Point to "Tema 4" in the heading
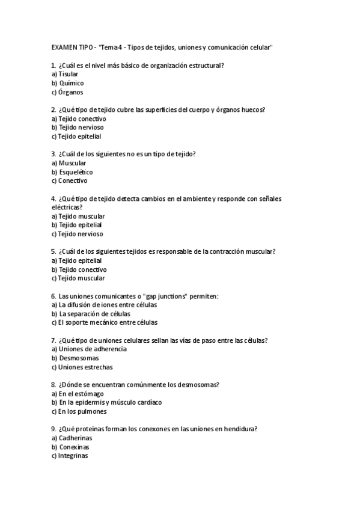pos(111,47)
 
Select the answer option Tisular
pos(68,74)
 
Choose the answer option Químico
pos(71,83)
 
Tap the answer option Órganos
pos(70,92)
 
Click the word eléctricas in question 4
pos(67,207)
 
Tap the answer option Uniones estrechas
pos(85,367)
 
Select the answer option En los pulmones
pos(82,411)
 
